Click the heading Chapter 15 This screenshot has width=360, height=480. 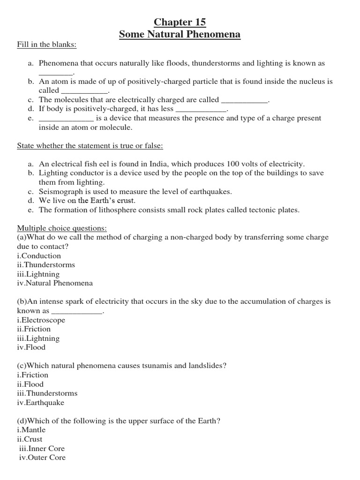(x=180, y=22)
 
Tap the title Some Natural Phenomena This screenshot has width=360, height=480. (x=180, y=34)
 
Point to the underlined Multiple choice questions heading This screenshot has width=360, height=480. (x=62, y=228)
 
